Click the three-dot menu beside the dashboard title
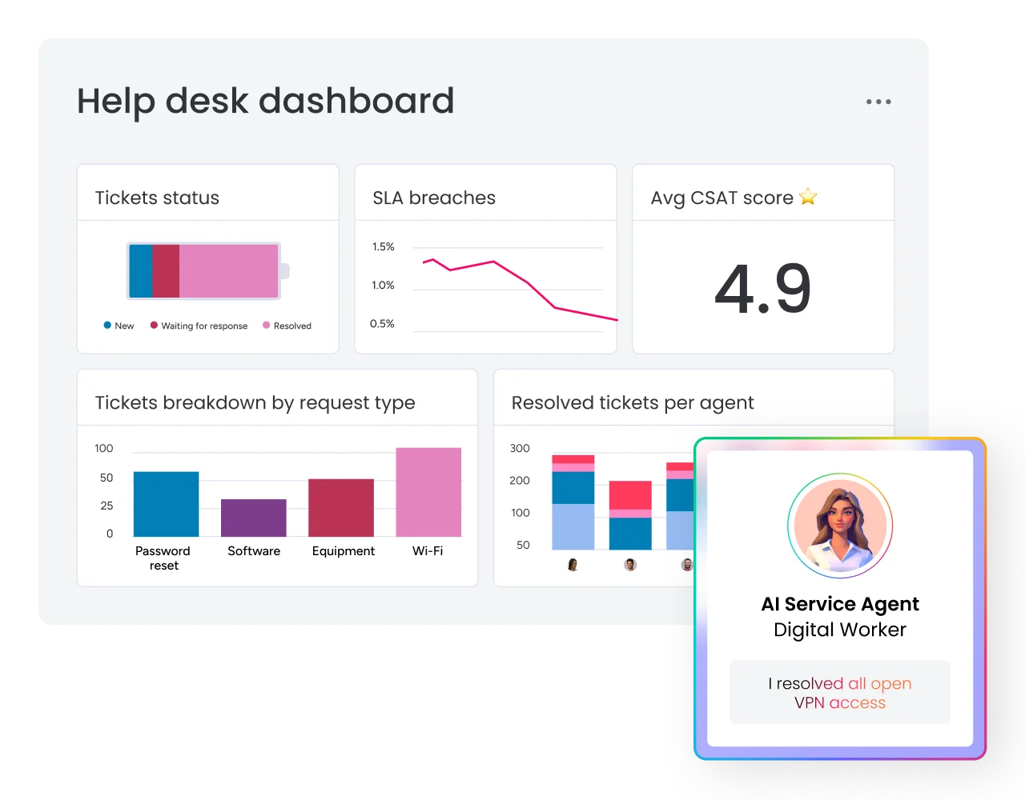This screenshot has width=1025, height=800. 878,102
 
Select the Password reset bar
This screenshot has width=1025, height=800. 166,504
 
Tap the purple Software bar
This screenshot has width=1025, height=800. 254,518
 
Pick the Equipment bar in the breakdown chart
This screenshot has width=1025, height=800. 341,508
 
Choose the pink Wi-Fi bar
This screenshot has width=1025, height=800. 428,492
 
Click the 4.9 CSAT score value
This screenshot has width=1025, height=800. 762,288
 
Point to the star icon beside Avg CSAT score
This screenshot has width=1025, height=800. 808,197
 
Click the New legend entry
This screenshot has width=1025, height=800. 119,326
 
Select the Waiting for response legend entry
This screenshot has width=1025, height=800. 199,326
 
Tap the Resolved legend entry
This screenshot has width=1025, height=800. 287,326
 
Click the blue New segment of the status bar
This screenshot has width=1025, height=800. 141,271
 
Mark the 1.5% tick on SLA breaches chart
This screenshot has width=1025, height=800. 383,247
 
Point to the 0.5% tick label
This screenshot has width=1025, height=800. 382,324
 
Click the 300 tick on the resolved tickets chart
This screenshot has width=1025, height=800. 520,449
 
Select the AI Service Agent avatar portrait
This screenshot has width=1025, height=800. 840,526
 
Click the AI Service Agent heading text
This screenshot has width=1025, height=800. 840,604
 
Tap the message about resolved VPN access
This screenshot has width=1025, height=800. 840,693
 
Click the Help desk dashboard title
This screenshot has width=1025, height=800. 266,102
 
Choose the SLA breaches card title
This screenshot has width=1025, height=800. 434,198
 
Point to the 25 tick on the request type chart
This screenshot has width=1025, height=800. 107,506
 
